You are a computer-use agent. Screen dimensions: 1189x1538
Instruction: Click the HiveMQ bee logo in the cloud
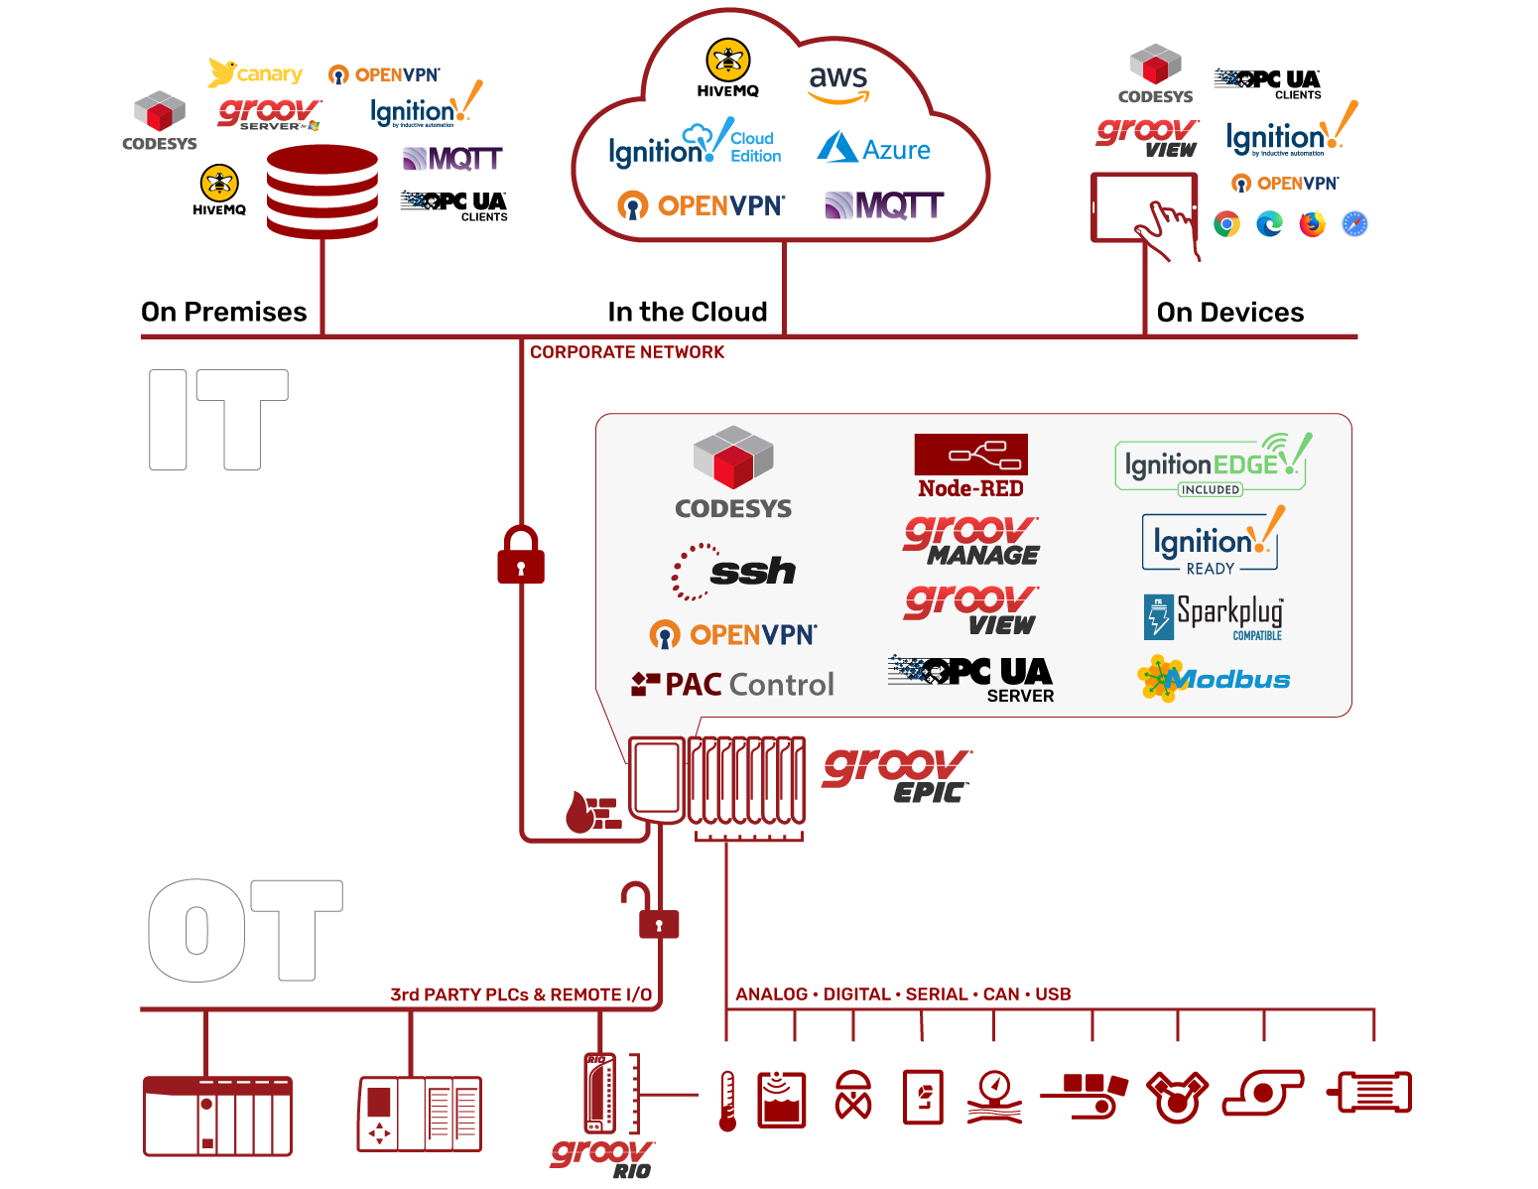728,67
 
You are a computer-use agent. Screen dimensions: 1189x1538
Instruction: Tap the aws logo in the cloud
838,83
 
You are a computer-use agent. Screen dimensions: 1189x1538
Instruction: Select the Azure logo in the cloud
874,149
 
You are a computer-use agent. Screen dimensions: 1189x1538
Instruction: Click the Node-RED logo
970,466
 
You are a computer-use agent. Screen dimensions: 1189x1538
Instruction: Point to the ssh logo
734,572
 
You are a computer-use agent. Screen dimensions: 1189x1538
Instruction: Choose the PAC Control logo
733,684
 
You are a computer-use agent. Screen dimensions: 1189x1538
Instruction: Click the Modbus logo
1214,680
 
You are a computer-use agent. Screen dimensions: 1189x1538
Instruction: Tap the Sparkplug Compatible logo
1214,616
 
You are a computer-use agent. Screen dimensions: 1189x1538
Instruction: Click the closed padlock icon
521,555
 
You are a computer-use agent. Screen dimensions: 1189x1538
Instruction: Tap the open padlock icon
652,911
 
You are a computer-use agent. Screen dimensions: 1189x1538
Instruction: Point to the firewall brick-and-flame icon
593,811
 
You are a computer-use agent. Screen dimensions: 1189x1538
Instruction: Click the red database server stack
322,192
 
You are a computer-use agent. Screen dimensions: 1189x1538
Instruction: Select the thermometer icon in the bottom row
727,1101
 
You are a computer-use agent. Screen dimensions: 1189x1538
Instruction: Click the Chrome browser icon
1227,224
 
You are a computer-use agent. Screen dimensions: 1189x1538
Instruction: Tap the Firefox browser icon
1312,224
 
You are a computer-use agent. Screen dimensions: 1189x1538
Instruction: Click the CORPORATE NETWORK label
627,352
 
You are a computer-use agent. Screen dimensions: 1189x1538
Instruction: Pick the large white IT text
218,420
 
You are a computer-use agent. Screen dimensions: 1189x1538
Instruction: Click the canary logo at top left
256,73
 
